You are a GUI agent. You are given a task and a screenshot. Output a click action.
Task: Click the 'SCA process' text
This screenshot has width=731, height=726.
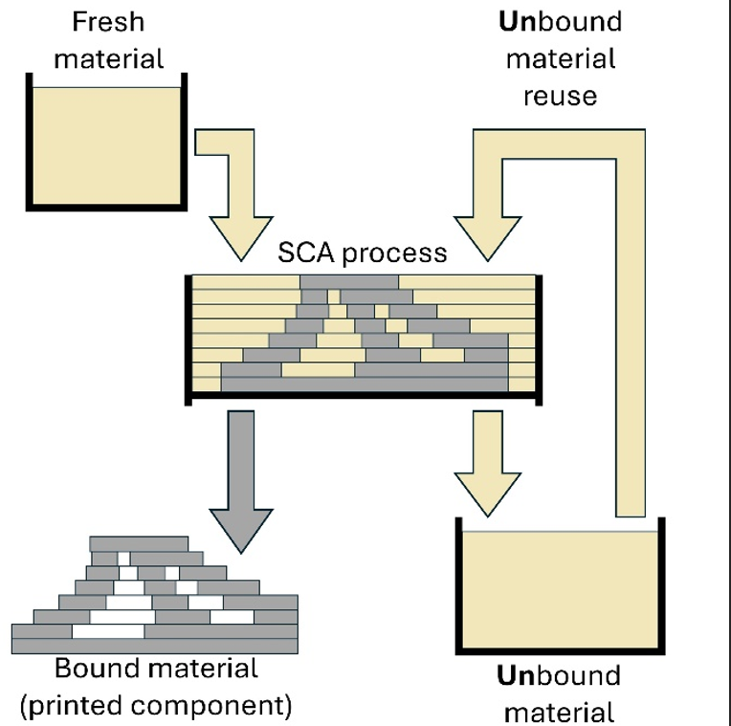coord(362,253)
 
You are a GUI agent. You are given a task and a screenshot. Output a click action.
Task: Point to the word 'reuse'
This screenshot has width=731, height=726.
coord(560,96)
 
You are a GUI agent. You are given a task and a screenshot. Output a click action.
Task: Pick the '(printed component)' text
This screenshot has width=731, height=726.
coord(156,707)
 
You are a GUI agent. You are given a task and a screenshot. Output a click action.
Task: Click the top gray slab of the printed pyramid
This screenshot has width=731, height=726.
coord(140,543)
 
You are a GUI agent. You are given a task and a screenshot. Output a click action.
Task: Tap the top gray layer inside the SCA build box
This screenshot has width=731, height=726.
coord(349,281)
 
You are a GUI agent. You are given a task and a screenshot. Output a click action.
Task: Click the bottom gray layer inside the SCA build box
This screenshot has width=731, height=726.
coord(365,383)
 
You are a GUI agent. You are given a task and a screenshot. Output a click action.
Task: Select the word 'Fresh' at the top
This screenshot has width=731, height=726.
coord(108,20)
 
